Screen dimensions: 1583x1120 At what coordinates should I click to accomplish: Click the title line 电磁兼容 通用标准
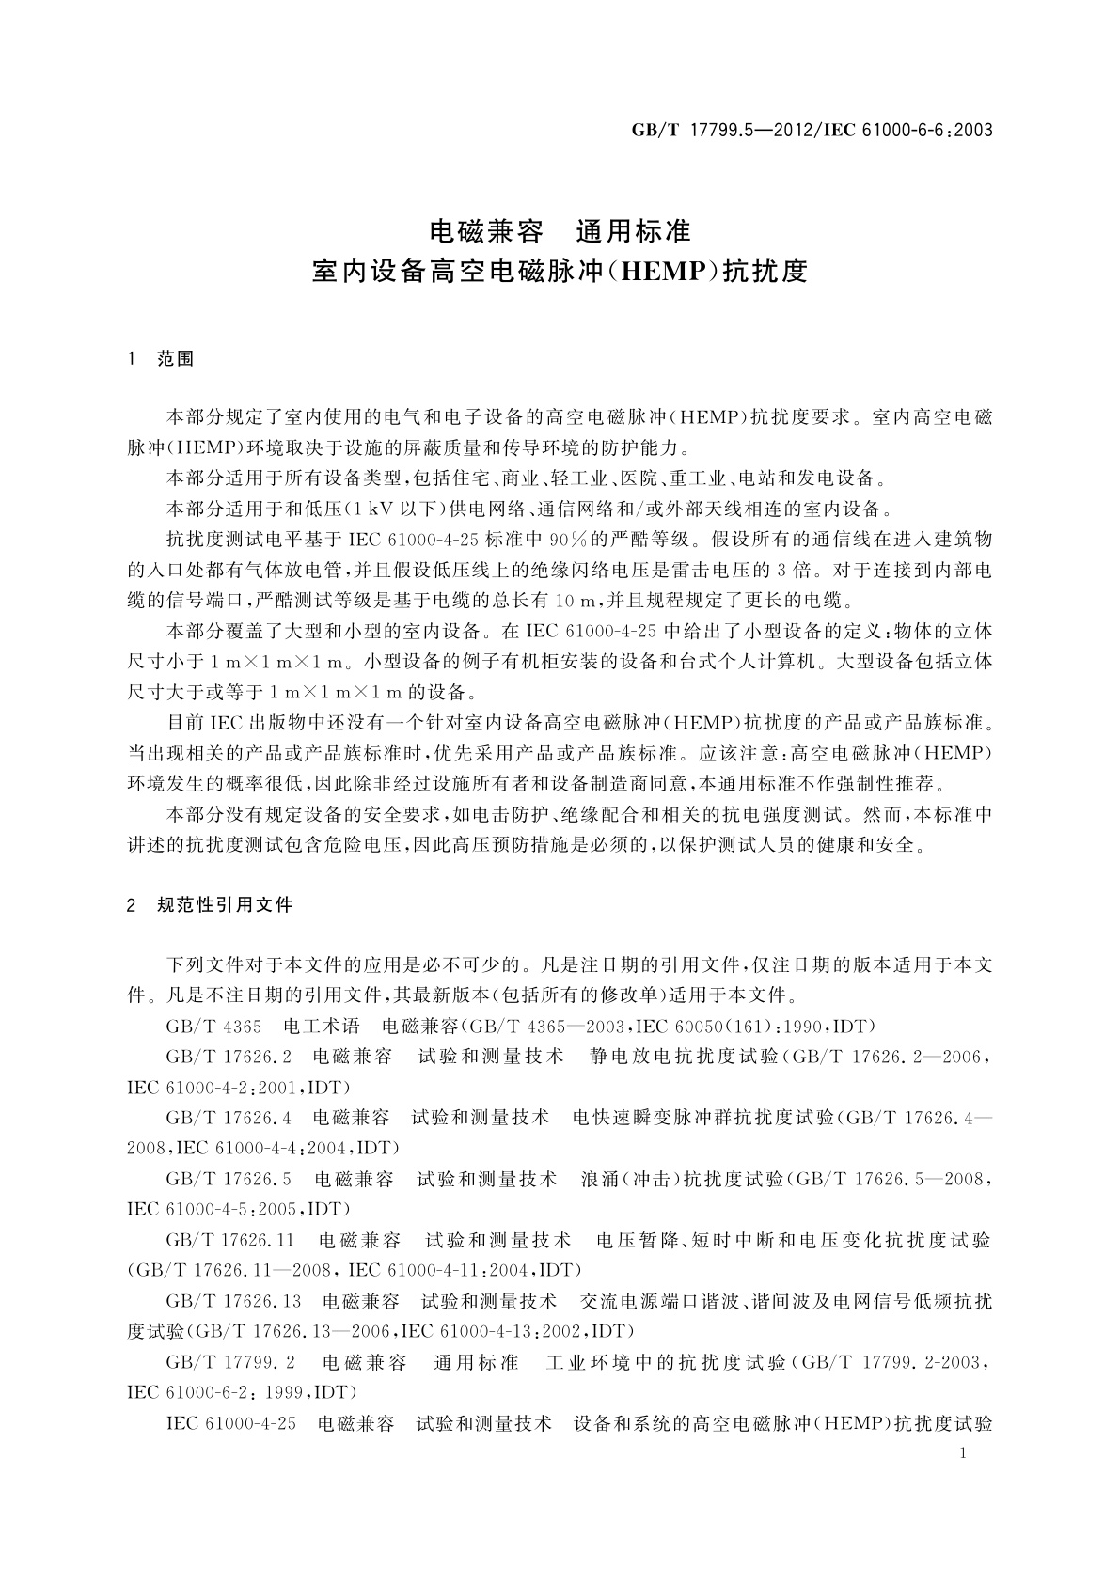click(560, 230)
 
